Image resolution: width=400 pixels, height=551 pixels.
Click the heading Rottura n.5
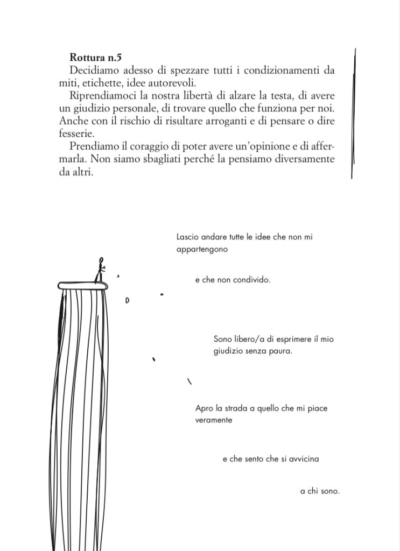coord(93,58)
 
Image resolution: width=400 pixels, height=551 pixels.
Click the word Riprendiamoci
coord(102,95)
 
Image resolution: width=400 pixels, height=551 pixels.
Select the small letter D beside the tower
coord(127,300)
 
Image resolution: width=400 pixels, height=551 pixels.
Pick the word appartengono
coord(202,250)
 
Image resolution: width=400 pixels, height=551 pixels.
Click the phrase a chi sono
coord(320,491)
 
